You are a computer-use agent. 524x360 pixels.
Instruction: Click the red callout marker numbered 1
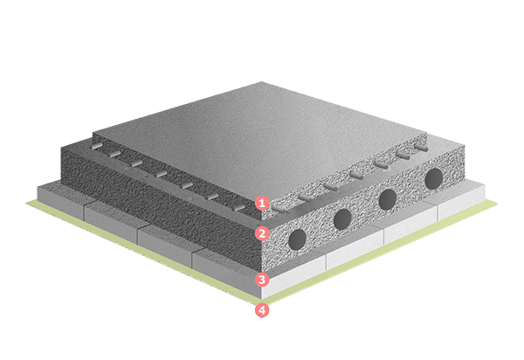262,203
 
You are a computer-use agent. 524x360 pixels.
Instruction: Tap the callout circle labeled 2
262,233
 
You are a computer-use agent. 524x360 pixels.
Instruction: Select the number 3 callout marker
262,279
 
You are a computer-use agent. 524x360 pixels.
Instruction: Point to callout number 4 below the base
262,310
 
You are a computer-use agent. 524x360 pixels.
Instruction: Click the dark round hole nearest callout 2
297,239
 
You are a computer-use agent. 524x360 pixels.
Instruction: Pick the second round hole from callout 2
342,219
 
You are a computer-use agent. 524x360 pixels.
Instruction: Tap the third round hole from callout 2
388,199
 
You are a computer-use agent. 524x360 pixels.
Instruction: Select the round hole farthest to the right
434,178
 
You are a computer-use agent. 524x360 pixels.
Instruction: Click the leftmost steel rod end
96,146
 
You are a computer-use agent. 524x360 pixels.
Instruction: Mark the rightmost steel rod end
421,148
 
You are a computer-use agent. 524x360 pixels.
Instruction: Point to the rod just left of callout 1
238,208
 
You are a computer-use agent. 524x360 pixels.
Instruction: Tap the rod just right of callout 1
279,209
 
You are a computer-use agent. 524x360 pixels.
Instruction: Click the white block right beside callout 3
294,277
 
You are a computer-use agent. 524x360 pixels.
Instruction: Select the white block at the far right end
461,202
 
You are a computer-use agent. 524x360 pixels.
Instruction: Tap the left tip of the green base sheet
27,202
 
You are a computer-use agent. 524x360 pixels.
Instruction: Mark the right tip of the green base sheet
497,203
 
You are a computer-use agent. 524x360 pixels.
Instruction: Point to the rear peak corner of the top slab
261,82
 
